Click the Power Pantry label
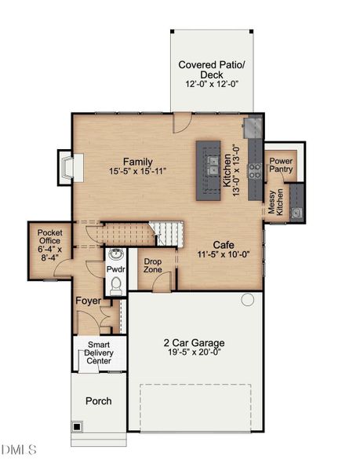pyautogui.click(x=281, y=165)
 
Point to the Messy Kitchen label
pyautogui.click(x=275, y=203)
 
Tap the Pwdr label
pyautogui.click(x=115, y=270)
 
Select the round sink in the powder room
pyautogui.click(x=116, y=254)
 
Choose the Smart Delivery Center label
pyautogui.click(x=99, y=352)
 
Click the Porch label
pyautogui.click(x=98, y=401)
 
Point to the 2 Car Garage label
pyautogui.click(x=194, y=342)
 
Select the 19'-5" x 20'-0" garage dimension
pyautogui.click(x=194, y=353)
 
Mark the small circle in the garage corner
pyautogui.click(x=248, y=299)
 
